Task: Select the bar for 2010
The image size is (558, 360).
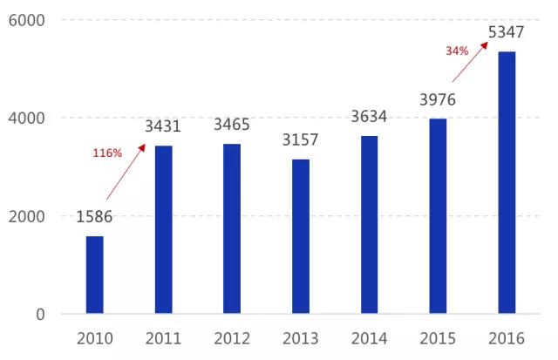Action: point(94,275)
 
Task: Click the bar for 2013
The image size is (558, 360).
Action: point(301,236)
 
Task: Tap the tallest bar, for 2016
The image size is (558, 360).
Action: point(507,182)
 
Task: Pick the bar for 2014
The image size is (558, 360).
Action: point(370,224)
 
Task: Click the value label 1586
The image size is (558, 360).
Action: point(94,217)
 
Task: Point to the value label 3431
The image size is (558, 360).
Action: point(162,126)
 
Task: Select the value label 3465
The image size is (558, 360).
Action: point(232,126)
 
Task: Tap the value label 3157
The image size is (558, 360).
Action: point(301,140)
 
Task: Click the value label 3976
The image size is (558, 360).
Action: point(439,100)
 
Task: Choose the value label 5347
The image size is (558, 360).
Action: point(507,33)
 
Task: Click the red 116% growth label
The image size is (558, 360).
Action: point(107,153)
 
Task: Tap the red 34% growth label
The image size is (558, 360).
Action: point(458,51)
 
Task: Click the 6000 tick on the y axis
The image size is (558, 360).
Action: point(30,20)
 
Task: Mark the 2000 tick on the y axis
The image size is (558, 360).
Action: point(30,216)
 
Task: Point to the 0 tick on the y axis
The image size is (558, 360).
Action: point(41,314)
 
